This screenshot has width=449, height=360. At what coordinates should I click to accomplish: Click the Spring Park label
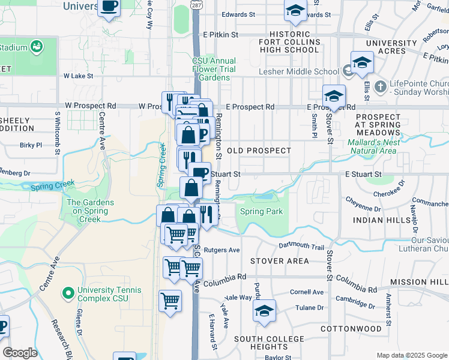[x=261, y=212]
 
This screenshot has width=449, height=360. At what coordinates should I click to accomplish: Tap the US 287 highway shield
[x=196, y=4]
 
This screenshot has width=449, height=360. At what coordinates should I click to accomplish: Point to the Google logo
[x=20, y=352]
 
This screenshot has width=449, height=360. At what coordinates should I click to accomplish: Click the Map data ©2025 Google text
[x=412, y=355]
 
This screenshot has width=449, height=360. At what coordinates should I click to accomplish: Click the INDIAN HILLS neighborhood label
[x=376, y=220]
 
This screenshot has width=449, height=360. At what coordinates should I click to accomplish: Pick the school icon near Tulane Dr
[x=264, y=312]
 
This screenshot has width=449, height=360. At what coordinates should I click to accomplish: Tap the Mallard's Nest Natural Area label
[x=372, y=147]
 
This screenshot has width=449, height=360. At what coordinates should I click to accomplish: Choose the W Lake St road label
[x=78, y=76]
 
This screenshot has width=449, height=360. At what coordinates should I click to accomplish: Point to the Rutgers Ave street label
[x=221, y=250]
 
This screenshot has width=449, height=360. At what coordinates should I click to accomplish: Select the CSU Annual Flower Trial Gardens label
[x=214, y=69]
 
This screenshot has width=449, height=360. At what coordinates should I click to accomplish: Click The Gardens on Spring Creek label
[x=90, y=211]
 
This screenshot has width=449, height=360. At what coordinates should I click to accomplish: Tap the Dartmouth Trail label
[x=301, y=247]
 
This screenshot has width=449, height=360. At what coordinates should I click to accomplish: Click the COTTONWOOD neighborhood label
[x=351, y=329]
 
